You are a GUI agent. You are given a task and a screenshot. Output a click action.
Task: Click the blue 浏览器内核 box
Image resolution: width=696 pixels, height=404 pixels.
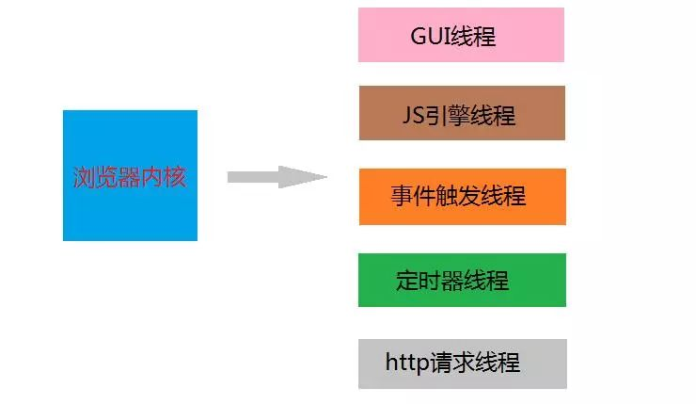pos(130,175)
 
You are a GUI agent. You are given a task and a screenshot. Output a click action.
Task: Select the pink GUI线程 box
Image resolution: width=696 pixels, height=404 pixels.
pos(461,35)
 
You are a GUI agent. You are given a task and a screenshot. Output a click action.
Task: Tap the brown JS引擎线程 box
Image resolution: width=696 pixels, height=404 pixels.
pos(462,113)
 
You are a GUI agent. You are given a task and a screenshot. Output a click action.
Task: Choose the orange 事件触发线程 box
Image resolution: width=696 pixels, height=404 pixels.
pos(462,196)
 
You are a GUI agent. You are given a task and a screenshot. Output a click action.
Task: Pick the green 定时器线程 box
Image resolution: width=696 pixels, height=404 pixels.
pos(462,280)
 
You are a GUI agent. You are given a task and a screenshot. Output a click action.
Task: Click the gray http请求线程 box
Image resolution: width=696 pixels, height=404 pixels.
pos(462,364)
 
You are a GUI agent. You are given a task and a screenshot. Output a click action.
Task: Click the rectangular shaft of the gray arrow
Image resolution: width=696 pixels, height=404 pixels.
pos(253,177)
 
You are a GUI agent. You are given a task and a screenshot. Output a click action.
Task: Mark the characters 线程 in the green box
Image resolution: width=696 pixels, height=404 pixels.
pos(486,281)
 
